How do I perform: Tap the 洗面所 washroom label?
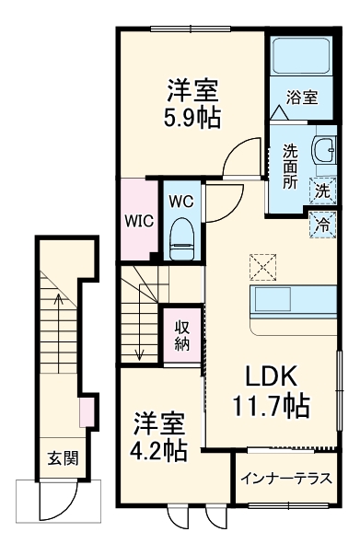coord(289,165)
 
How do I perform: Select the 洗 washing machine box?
coord(322,191)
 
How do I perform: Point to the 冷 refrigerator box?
coord(322,221)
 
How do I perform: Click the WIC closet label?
coord(140,222)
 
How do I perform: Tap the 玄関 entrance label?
coord(63,457)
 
